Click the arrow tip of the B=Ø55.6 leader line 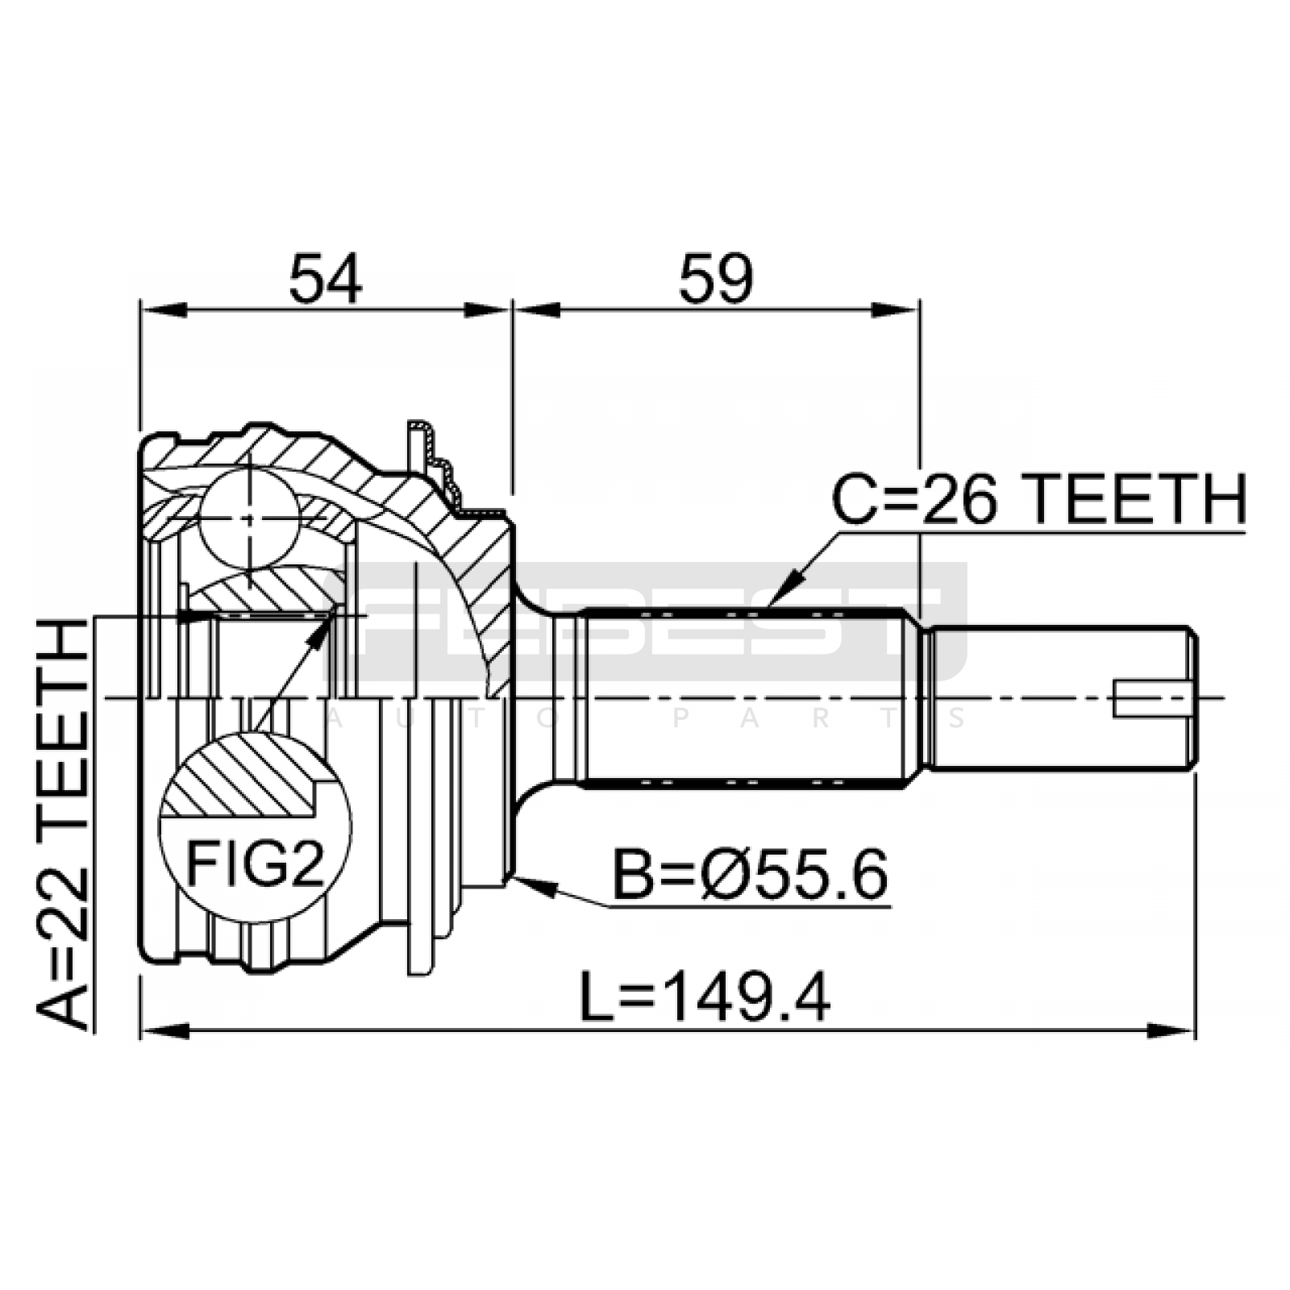pos(511,877)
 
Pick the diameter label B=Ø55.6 pos(750,875)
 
